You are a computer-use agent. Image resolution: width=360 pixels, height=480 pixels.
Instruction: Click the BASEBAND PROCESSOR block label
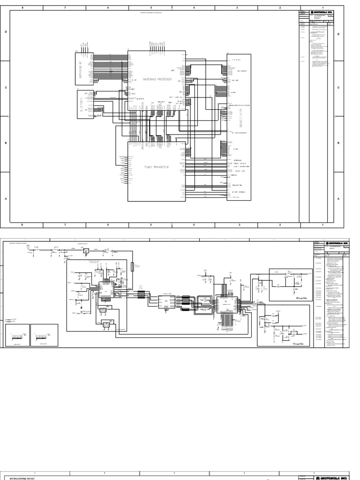(x=155, y=80)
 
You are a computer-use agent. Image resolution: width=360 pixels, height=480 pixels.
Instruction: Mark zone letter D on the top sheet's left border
(x=6, y=32)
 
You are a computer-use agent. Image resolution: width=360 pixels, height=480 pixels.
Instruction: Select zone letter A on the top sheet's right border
(x=338, y=199)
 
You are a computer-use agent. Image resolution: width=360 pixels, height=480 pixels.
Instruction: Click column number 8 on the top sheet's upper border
(x=22, y=8)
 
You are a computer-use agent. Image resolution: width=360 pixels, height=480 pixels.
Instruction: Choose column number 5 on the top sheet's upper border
(x=151, y=8)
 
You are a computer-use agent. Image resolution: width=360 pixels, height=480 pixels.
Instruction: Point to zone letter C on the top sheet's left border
(x=6, y=88)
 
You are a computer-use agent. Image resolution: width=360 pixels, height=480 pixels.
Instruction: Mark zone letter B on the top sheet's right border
(x=338, y=143)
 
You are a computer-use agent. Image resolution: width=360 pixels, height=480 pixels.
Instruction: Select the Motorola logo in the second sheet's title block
(x=336, y=244)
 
